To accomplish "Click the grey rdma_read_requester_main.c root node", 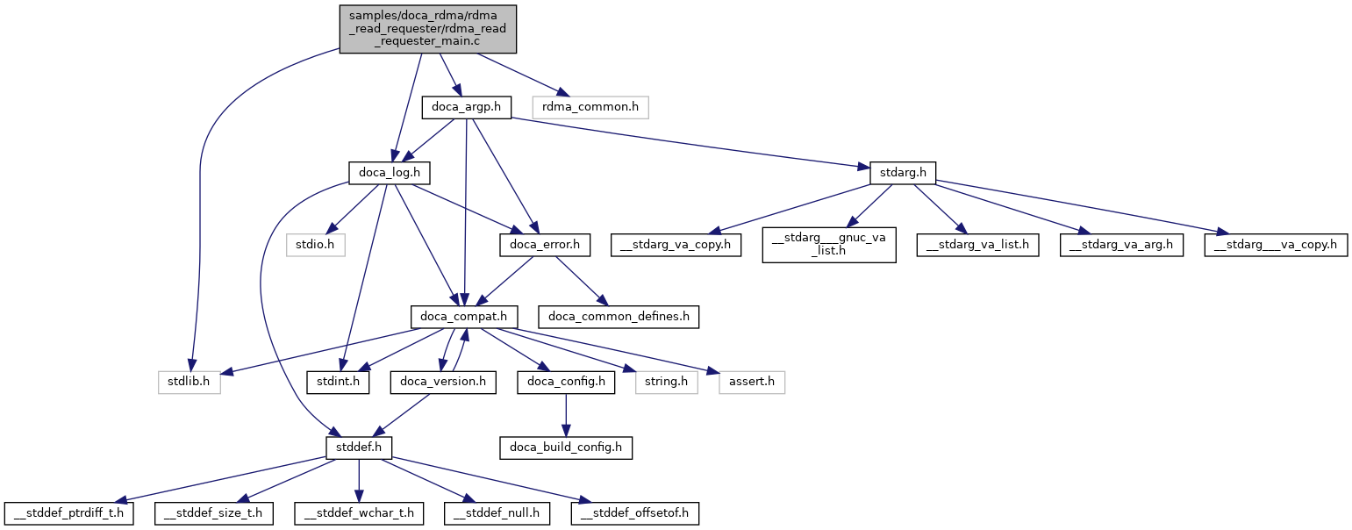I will tap(428, 29).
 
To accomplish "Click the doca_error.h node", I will tap(544, 243).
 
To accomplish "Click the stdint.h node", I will tap(338, 383).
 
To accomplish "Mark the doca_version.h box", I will tap(444, 383).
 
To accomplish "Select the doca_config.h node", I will tap(565, 383).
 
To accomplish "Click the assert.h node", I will tap(751, 383).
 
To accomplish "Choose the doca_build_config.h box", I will tap(565, 448).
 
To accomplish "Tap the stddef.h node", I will tap(358, 448).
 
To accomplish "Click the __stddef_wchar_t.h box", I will tap(359, 512).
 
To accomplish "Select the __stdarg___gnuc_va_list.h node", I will tap(828, 243).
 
